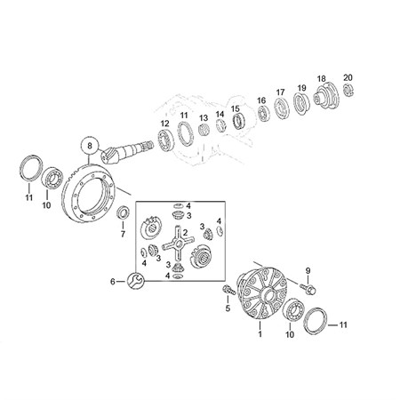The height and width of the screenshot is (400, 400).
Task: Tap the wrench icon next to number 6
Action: click(x=135, y=280)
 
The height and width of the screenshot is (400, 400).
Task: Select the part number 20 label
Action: click(x=348, y=78)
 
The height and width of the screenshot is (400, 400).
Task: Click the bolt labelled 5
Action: click(x=229, y=290)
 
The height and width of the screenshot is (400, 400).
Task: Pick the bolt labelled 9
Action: click(x=308, y=288)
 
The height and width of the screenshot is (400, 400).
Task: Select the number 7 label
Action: click(x=123, y=235)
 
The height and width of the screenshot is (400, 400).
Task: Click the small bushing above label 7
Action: click(x=124, y=212)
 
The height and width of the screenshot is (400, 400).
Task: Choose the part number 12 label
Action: click(x=164, y=124)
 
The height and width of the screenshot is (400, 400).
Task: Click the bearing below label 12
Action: click(x=165, y=140)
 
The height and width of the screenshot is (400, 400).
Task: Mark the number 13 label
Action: click(x=204, y=118)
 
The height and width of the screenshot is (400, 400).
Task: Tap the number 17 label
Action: click(x=280, y=92)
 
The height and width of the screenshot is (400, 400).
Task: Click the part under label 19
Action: click(x=301, y=104)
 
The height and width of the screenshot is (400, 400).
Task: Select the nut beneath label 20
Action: click(x=348, y=90)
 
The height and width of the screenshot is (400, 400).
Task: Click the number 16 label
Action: click(x=261, y=100)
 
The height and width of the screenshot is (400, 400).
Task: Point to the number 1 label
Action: click(x=260, y=334)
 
